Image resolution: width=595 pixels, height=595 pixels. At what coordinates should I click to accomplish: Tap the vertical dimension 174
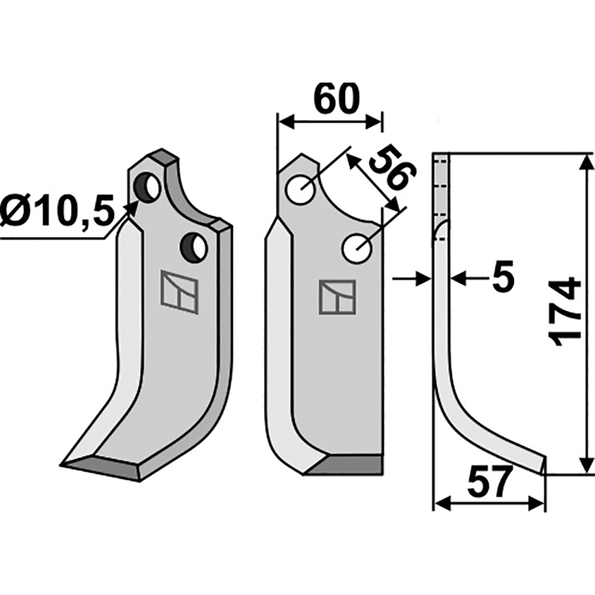[567, 311]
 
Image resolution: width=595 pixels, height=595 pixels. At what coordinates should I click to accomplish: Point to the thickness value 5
[503, 279]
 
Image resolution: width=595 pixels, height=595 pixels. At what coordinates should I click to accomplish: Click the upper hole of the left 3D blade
[149, 187]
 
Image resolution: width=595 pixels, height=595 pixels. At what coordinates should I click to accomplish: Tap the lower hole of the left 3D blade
[196, 247]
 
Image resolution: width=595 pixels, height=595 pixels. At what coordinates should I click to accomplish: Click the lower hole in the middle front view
[358, 248]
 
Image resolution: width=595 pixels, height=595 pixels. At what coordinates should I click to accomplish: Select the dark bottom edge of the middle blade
[347, 466]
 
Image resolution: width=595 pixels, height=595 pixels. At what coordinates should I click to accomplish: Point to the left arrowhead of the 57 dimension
[440, 504]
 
